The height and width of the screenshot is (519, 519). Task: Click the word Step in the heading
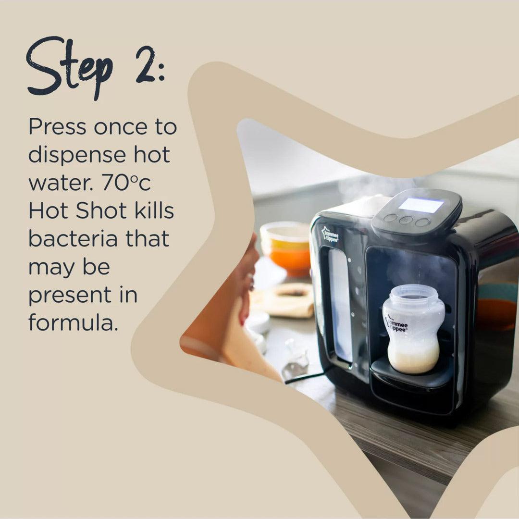(70, 67)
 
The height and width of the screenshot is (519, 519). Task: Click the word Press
(57, 127)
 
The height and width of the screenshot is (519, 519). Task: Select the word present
(76, 295)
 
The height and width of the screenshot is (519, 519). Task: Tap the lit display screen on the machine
(420, 205)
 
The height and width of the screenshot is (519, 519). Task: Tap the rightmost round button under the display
(422, 222)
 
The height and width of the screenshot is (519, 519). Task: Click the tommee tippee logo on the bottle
(396, 324)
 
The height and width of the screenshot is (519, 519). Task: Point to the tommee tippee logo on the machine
(330, 235)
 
